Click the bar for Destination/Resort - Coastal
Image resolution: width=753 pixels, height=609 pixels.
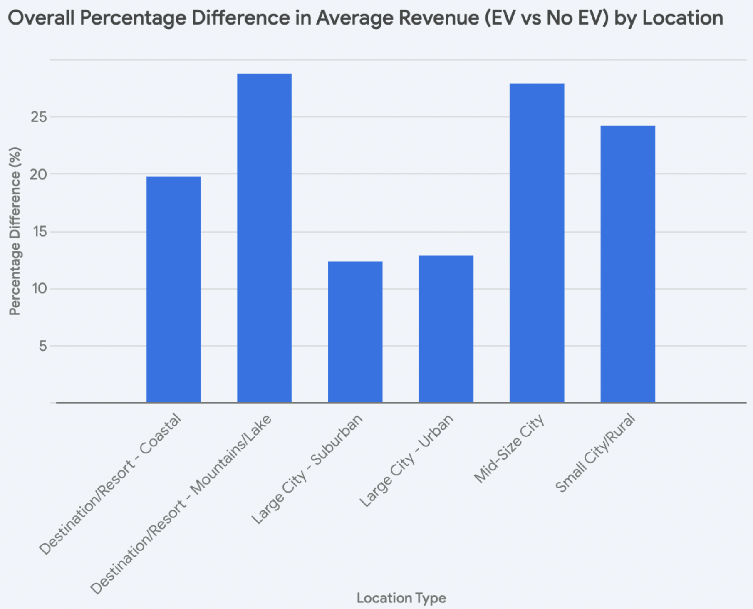pyautogui.click(x=173, y=290)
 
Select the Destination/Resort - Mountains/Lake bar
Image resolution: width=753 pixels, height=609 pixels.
pyautogui.click(x=264, y=238)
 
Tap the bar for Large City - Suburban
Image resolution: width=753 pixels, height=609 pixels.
pyautogui.click(x=355, y=332)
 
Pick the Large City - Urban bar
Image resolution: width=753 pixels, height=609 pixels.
pyautogui.click(x=446, y=329)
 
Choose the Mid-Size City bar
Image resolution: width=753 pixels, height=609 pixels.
pyautogui.click(x=537, y=243)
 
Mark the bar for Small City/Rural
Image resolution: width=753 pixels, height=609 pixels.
pyautogui.click(x=627, y=264)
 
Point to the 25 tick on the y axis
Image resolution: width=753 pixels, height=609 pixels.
pyautogui.click(x=39, y=117)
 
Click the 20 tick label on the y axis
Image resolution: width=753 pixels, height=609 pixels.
pyautogui.click(x=39, y=174)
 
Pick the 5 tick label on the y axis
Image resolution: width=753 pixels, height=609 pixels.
pyautogui.click(x=43, y=346)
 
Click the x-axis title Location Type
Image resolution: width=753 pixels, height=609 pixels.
pyautogui.click(x=401, y=598)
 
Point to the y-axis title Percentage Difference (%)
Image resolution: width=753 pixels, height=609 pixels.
pyautogui.click(x=15, y=231)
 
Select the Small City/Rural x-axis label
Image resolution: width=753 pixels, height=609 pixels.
pyautogui.click(x=595, y=453)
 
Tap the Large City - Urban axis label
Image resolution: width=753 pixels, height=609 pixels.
pyautogui.click(x=406, y=460)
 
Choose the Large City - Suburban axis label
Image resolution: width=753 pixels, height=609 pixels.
pyautogui.click(x=307, y=469)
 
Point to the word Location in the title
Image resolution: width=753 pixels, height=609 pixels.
pyautogui.click(x=683, y=18)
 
